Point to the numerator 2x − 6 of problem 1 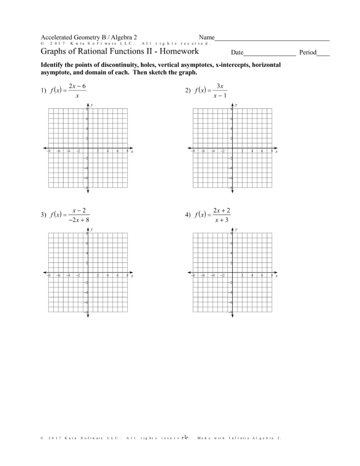point(77,86)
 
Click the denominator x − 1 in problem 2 point(221,96)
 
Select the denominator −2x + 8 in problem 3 point(78,220)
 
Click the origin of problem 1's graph point(88,148)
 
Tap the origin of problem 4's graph point(232,273)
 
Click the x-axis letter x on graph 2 point(276,152)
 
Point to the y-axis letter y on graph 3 point(92,230)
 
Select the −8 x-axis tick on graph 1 point(48,151)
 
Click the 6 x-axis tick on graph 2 point(262,151)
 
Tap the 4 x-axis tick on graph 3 point(108,276)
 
